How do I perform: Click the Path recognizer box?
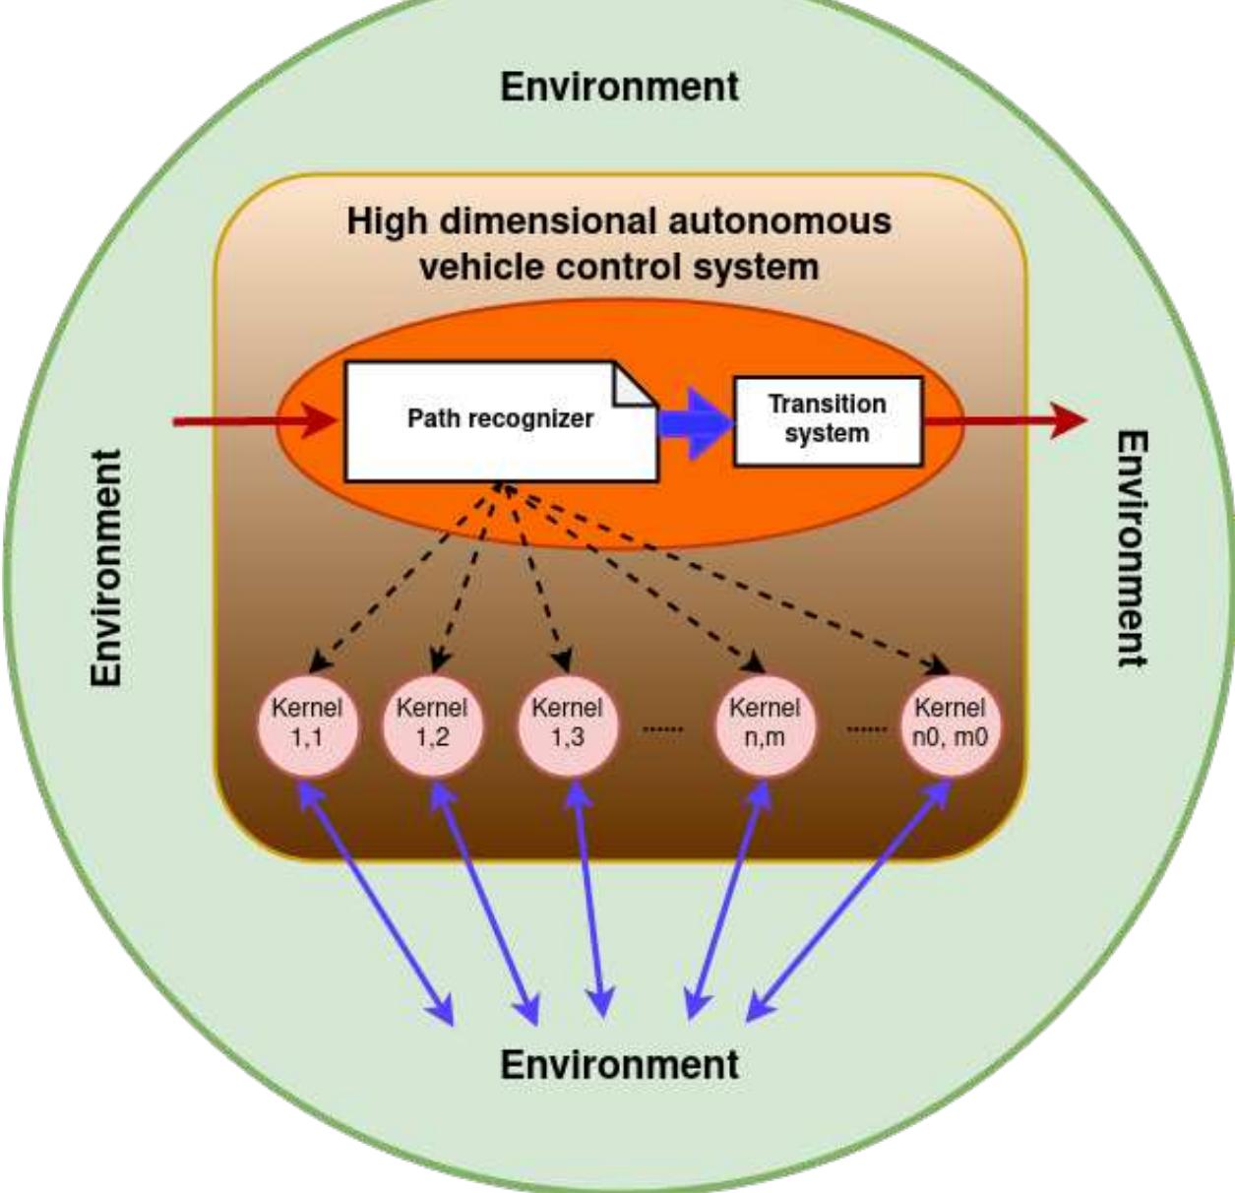point(500,420)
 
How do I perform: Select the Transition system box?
point(828,420)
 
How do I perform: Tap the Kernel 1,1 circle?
point(308,723)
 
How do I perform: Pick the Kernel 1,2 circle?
point(432,723)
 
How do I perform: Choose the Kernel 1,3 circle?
point(567,723)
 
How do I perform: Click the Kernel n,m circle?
point(765,723)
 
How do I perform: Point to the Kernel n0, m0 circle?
point(950,723)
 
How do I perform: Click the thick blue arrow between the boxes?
point(696,422)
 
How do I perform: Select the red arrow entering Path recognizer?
point(256,422)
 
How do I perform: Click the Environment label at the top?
point(619,87)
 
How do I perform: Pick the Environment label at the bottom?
point(619,1065)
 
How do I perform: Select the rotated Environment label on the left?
point(107,568)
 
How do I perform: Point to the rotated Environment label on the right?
point(1132,548)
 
